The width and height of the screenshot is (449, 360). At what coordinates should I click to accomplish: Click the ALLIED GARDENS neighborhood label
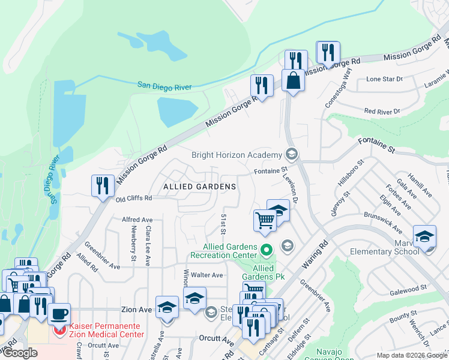199,187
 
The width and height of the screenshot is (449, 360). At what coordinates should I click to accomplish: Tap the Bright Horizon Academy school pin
292,155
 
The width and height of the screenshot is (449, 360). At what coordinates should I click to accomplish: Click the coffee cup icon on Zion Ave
59,313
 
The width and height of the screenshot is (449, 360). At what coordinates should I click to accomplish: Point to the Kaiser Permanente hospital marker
60,329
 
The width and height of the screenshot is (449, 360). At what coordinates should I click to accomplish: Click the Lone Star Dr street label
384,79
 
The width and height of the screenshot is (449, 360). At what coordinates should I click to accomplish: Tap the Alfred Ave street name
137,220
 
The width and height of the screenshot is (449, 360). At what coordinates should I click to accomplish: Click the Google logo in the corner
20,353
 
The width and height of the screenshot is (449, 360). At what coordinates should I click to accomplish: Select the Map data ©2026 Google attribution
412,355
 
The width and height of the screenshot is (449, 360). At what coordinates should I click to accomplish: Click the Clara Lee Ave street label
147,246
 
